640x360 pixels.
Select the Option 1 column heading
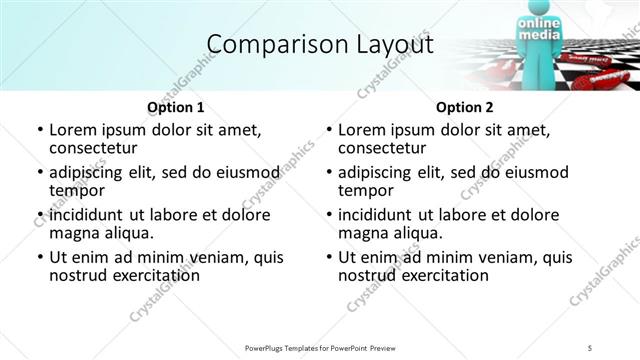coord(176,107)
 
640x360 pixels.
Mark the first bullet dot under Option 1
coord(39,130)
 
